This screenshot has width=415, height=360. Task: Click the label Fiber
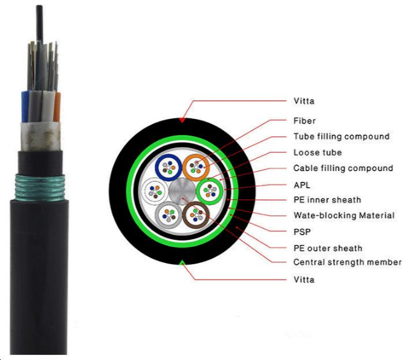305,121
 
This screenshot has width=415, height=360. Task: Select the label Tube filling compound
341,136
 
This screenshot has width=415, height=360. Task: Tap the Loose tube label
317,152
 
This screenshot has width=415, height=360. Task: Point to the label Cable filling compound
343,168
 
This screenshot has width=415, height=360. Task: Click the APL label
302,184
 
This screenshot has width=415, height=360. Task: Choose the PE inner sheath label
327,200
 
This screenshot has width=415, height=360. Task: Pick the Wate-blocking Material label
344,215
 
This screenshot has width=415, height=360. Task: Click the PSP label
302,231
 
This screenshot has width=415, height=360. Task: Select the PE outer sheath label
328,248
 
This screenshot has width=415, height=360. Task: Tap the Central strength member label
347,262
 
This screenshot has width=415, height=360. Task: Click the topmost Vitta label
304,102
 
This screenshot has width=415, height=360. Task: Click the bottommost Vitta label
304,280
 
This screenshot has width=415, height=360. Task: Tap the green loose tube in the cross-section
209,191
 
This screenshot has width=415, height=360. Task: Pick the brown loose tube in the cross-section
196,213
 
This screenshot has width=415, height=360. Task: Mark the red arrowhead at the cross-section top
182,120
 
